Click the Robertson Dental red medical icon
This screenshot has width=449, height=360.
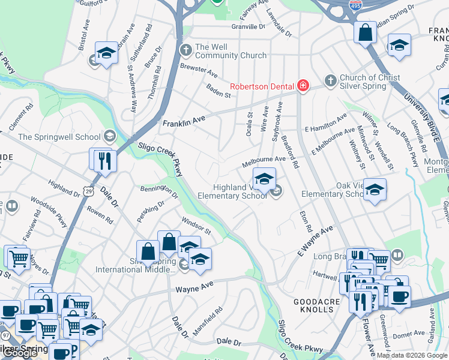coord(303,86)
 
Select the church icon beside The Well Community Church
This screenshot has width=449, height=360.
coord(186,48)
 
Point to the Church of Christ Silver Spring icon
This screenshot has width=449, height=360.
coord(330,80)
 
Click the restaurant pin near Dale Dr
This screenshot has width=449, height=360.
coord(105,160)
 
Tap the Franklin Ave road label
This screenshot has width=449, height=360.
coord(184,122)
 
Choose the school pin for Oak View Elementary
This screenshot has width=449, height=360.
coord(375,190)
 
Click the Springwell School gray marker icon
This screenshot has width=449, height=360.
coord(109,136)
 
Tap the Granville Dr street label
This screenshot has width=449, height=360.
coord(248,27)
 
